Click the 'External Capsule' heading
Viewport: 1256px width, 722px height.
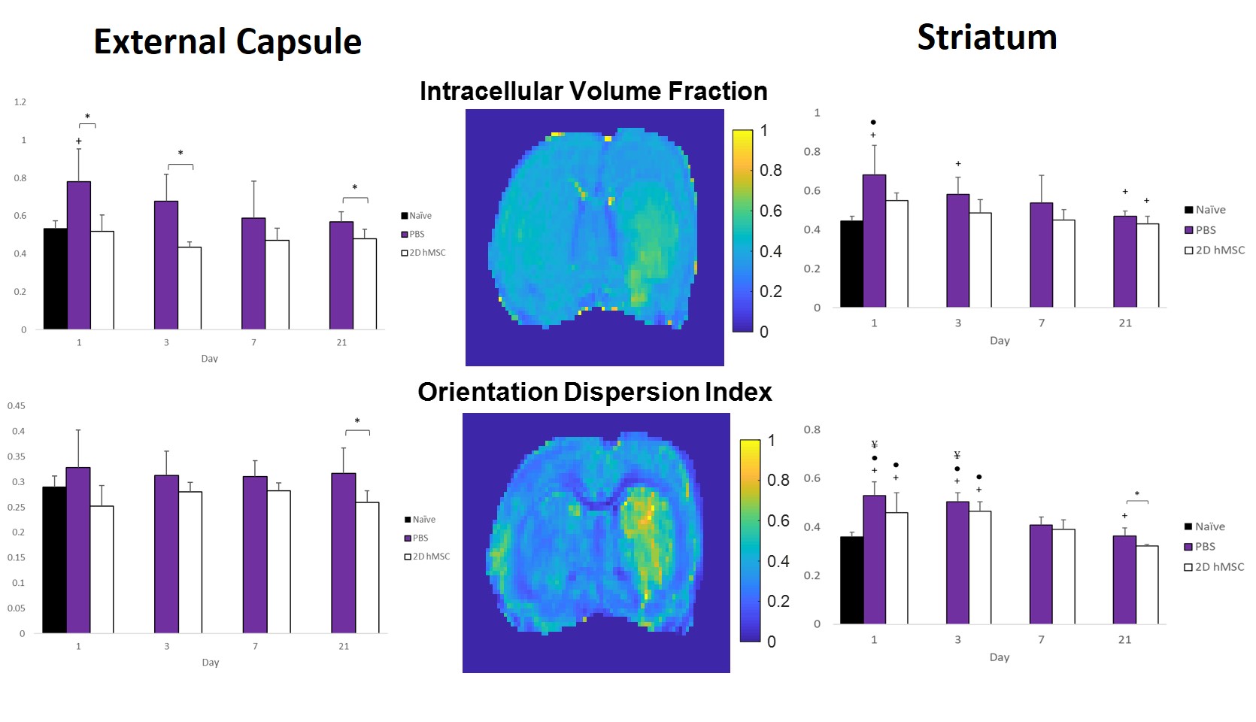227,42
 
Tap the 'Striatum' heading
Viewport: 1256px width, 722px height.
987,38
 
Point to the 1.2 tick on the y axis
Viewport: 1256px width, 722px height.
20,102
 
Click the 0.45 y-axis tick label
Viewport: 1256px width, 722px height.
17,406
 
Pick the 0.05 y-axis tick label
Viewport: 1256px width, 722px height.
17,608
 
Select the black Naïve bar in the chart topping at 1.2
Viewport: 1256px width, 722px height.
55,279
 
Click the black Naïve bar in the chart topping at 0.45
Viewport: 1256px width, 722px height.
54,560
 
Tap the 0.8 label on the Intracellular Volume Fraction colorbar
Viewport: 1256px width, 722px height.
771,171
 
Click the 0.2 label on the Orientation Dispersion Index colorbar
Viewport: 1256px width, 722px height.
778,602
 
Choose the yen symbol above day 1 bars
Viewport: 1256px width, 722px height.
875,444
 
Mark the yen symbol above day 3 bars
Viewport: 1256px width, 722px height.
957,455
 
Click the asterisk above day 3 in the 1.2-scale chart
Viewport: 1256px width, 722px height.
181,153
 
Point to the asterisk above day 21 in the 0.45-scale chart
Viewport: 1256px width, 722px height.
357,421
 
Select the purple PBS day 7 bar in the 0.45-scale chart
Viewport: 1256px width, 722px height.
255,554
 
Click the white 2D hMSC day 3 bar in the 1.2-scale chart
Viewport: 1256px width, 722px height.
190,288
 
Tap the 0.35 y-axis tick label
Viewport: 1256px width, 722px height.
17,457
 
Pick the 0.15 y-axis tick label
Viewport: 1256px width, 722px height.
17,558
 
